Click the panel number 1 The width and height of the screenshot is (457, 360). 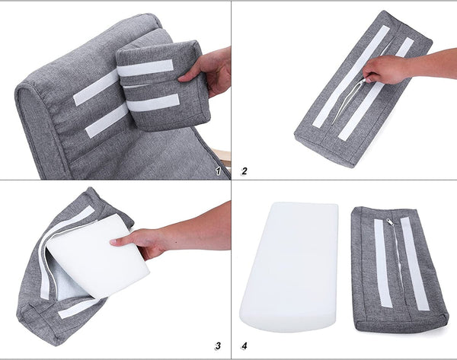pos(218,171)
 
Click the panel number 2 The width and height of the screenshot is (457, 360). pos(244,171)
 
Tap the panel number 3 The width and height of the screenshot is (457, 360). pos(217,346)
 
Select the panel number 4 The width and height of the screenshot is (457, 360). pos(244,346)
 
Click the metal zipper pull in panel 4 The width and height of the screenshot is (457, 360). pos(391,222)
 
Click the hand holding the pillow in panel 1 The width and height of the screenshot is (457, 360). pos(207,72)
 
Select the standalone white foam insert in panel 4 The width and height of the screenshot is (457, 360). pos(289,266)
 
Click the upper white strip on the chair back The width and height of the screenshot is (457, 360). pos(97,88)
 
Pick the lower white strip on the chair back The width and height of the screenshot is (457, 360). pos(107,120)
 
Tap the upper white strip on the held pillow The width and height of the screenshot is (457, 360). pos(145,68)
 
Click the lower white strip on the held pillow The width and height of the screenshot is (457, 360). pos(153,103)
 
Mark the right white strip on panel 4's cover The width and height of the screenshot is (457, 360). pos(415,264)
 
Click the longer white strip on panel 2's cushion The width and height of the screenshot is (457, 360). pos(351,76)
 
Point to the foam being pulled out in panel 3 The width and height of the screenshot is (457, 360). pos(98,256)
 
